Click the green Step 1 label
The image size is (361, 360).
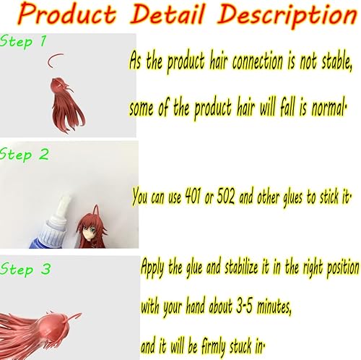(x=25, y=42)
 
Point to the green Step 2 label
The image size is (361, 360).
(x=25, y=154)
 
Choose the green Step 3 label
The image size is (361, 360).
(x=26, y=269)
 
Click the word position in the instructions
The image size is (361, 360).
(x=334, y=267)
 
